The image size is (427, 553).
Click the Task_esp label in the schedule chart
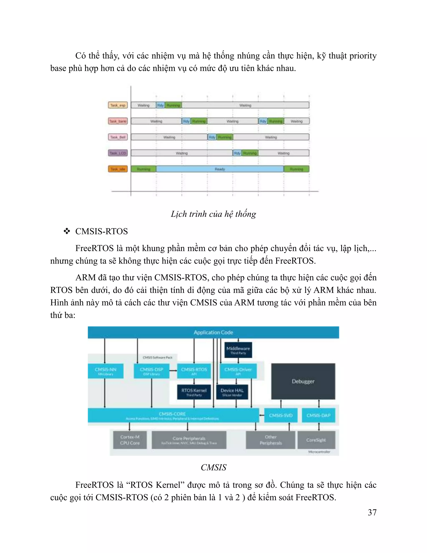[118, 105]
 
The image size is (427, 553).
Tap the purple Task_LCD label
[118, 153]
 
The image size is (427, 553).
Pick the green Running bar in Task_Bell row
[224, 137]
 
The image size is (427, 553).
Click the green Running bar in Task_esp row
[173, 105]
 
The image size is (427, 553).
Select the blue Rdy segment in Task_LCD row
[237, 153]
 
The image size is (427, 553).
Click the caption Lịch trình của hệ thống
[213, 214]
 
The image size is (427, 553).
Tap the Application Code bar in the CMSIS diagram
[213, 332]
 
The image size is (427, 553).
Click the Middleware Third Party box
[238, 350]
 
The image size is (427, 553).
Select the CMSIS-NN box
[105, 371]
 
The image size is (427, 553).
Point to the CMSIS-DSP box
[151, 371]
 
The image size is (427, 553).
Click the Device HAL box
[232, 392]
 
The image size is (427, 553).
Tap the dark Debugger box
[303, 381]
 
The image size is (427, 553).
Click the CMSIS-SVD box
[281, 415]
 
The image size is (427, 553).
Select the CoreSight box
[316, 440]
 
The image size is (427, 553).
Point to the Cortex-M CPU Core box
[130, 440]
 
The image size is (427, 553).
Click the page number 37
[372, 512]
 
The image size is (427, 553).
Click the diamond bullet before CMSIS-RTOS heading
[67, 231]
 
